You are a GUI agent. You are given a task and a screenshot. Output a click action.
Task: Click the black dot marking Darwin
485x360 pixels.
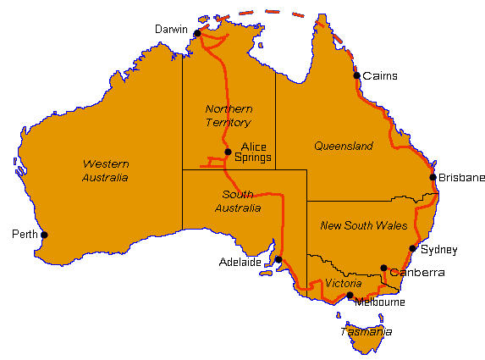(x=197, y=34)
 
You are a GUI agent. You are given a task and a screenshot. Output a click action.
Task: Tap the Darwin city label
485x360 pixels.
(x=172, y=30)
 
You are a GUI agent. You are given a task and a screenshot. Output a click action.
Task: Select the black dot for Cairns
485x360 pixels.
(x=357, y=75)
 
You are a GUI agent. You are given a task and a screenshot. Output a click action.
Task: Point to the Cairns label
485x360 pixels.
(x=379, y=76)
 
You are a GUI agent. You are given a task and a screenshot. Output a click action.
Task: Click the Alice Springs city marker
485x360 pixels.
(x=228, y=152)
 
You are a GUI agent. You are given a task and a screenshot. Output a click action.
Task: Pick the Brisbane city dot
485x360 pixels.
(x=433, y=178)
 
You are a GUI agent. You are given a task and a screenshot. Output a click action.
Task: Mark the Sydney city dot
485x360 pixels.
(x=413, y=249)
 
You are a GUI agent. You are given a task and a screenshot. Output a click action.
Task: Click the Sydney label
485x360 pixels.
(x=438, y=250)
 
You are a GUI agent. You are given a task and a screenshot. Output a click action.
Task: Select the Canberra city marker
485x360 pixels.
(x=383, y=268)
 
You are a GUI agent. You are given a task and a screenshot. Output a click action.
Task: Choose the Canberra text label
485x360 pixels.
(x=417, y=273)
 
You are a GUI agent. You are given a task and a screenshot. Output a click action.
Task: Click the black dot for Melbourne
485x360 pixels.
(x=350, y=296)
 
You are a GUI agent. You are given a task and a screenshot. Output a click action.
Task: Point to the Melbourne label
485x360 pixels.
(x=380, y=302)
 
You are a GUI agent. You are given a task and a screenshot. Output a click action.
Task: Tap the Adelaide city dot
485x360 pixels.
(x=278, y=259)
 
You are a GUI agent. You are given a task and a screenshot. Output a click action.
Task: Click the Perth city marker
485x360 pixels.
(x=45, y=235)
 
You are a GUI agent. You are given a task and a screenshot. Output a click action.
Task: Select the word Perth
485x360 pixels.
(x=23, y=234)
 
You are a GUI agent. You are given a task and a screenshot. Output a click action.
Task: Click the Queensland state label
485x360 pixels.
(x=344, y=147)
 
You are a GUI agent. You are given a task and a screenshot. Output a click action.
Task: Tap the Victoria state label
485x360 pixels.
(x=344, y=283)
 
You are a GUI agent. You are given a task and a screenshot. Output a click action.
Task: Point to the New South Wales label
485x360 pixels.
(x=365, y=226)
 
